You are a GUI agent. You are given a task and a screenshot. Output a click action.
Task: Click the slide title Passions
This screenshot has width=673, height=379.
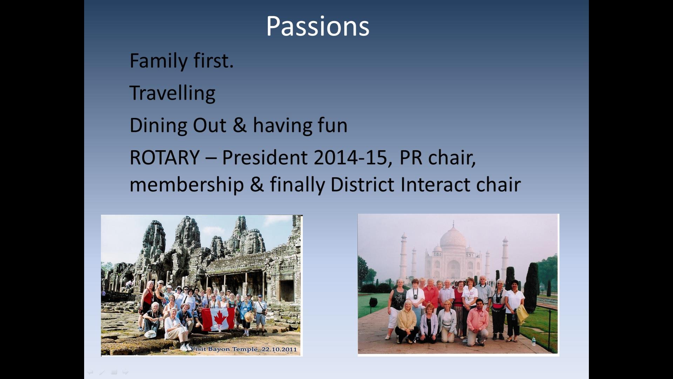click(318, 26)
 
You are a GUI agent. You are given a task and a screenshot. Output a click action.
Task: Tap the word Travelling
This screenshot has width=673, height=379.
click(172, 93)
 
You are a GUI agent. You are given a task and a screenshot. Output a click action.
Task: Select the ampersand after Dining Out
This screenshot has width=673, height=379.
click(239, 125)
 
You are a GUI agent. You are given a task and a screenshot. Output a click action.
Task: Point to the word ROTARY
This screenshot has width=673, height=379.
click(165, 157)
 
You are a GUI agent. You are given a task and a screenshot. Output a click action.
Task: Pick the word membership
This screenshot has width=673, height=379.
click(186, 185)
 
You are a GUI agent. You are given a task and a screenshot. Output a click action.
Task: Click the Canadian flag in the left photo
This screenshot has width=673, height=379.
click(218, 319)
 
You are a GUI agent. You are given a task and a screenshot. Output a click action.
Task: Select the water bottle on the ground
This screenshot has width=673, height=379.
click(533, 341)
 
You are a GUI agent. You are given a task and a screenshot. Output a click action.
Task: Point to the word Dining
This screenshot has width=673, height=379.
click(158, 126)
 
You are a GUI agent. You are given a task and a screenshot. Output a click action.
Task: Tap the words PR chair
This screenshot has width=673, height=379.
click(437, 158)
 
